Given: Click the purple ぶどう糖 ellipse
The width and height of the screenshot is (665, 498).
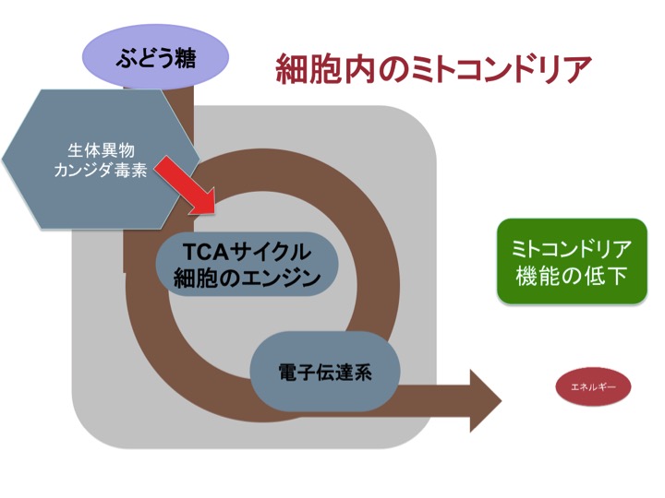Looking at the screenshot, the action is click(155, 56).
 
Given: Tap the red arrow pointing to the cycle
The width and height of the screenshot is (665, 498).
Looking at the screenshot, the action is click(185, 185).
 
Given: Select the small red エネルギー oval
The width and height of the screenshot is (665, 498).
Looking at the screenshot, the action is click(593, 386).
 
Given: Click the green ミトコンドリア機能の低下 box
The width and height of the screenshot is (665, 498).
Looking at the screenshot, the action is click(572, 261).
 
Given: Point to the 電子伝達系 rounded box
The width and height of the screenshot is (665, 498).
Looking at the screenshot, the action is click(325, 372).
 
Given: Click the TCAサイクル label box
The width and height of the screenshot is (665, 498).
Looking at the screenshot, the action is click(247, 264).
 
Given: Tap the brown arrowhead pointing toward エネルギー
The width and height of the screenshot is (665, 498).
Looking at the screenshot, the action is click(486, 400).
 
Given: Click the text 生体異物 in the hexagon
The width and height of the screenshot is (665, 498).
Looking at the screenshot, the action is click(101, 150).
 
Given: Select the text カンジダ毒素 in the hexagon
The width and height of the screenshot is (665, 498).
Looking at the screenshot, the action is click(101, 171).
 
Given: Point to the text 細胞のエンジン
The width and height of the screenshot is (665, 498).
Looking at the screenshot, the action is click(247, 278).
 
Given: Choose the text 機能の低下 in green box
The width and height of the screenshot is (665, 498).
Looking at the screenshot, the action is click(572, 276).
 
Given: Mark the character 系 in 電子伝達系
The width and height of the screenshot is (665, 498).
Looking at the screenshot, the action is click(362, 373).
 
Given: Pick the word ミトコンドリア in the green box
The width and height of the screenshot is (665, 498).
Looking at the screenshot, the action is click(572, 249).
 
